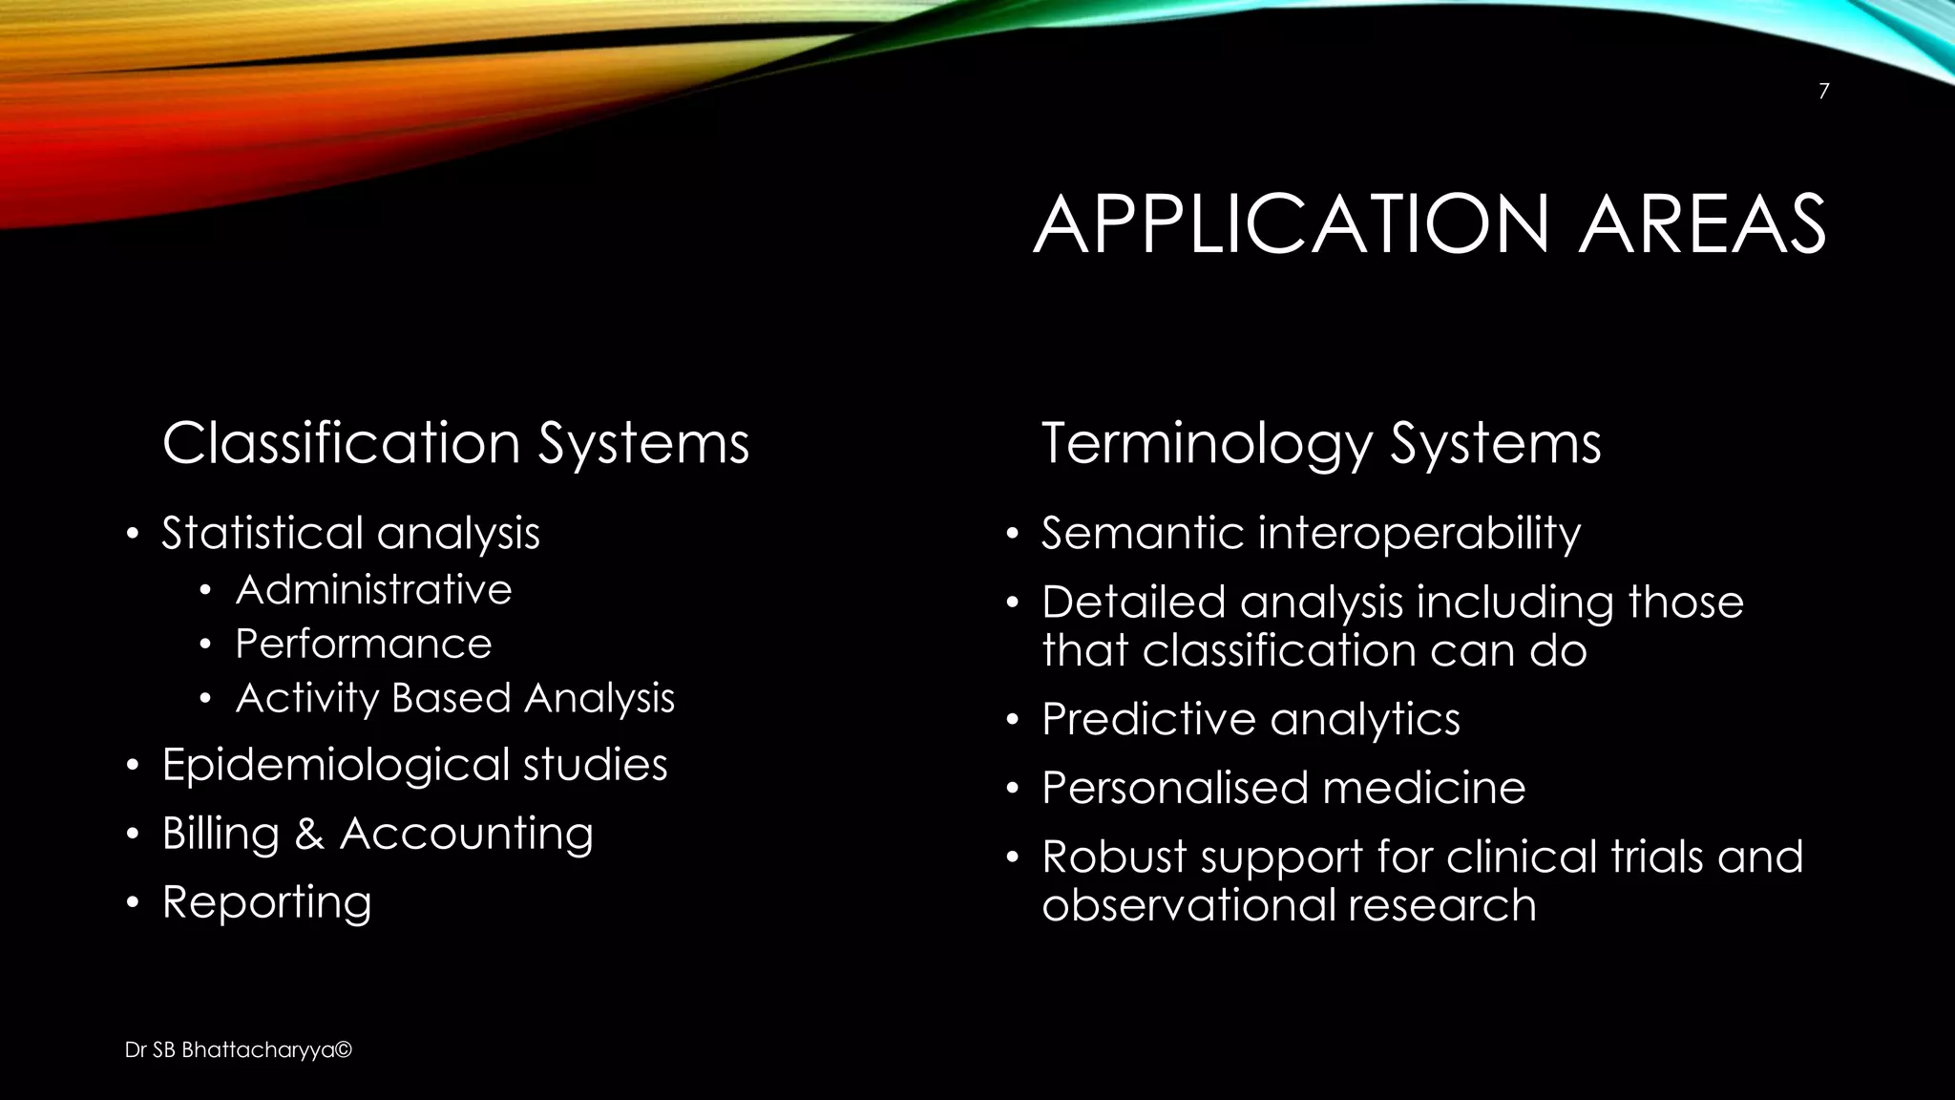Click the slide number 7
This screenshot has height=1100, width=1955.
pos(1823,92)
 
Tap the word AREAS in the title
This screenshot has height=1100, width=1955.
pos(1702,225)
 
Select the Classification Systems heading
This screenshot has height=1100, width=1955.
pos(455,444)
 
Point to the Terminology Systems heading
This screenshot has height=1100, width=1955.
pos(1320,444)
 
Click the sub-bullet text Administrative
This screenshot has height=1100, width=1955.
pos(373,590)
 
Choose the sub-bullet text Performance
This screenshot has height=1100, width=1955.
pos(364,645)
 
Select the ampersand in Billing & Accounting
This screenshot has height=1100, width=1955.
pos(309,835)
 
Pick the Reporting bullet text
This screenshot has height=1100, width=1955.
pos(266,902)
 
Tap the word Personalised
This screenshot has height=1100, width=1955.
pos(1167,789)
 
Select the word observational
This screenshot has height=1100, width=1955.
pos(1189,905)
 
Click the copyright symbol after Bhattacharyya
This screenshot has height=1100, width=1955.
pos(344,1050)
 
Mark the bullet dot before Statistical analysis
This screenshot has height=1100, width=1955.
pos(134,534)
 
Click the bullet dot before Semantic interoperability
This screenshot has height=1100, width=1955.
pos(1013,534)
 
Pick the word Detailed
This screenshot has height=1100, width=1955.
pos(1133,603)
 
